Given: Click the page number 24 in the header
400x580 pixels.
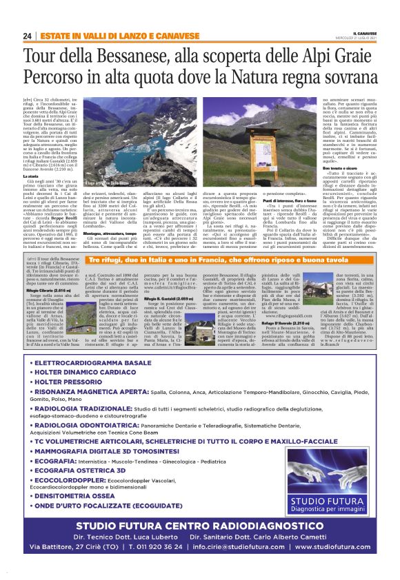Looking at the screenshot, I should (26, 35).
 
